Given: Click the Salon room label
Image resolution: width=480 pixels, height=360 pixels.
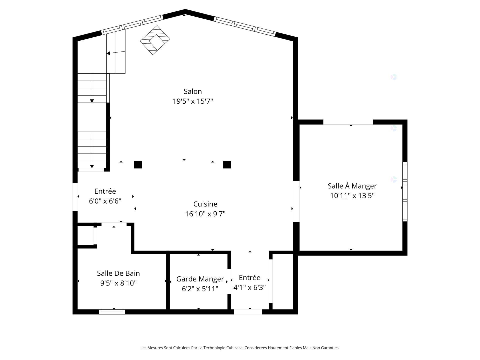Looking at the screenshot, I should coord(192,91).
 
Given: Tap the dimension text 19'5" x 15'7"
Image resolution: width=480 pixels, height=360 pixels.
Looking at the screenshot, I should coord(192,101).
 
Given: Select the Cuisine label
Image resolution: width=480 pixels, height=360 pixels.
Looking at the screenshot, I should coord(205,204).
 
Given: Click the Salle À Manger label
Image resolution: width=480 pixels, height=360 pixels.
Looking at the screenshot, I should coord(352,186).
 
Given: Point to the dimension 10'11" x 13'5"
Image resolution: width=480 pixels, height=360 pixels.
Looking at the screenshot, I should coord(352,196).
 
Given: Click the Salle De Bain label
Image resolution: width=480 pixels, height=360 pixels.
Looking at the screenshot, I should coord(118,273).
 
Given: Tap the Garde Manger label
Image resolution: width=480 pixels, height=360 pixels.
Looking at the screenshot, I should coord(200,279).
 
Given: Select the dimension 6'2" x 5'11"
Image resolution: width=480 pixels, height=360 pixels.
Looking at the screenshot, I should coord(200,289).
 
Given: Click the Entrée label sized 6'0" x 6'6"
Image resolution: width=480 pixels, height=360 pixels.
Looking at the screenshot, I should coord(105,191).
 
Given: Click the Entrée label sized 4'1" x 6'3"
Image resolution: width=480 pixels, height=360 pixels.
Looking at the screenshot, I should coord(249,278).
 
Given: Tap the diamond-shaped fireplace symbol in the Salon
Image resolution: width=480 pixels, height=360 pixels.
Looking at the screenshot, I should coord(155,40).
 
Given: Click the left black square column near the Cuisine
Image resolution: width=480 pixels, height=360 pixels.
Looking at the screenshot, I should coord(138,164).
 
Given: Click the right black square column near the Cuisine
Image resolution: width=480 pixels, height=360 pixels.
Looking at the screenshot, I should coord(227,164).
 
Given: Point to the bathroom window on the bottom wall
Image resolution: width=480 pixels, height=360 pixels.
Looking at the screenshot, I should coord(112,312).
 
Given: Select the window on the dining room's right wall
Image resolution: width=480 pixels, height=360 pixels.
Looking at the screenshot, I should coord(405,191).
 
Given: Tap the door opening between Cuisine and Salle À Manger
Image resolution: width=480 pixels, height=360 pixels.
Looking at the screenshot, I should coord(296,201).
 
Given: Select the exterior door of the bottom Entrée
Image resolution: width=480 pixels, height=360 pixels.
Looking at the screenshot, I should coord(248,312).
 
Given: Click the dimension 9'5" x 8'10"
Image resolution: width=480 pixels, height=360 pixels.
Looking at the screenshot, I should coord(118,283).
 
